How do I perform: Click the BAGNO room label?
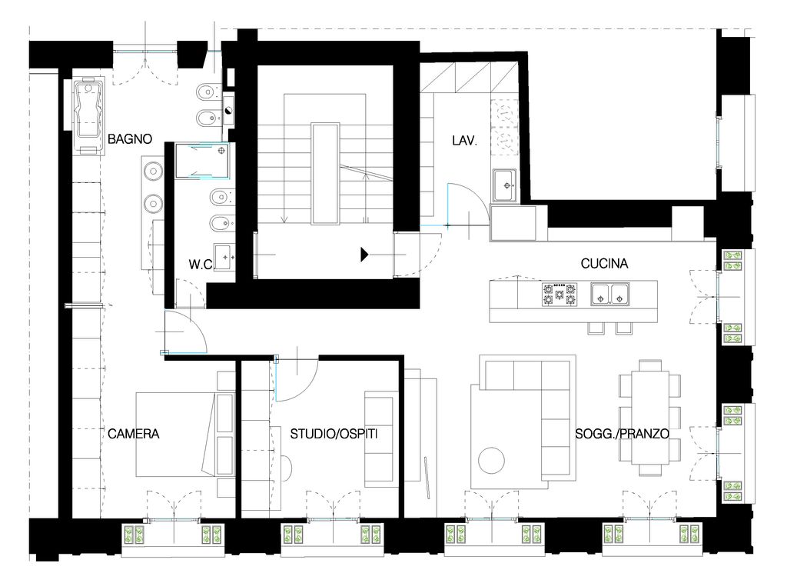click(130, 138)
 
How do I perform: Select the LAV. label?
click(464, 141)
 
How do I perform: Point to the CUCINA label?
click(604, 263)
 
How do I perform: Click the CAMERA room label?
click(134, 433)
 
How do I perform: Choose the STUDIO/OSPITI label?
click(334, 433)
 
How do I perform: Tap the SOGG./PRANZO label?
click(623, 433)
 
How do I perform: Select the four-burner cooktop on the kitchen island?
click(560, 295)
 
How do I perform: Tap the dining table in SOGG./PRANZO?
click(650, 418)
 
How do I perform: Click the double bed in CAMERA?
click(185, 434)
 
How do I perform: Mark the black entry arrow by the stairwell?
click(365, 255)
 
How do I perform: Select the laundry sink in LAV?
click(504, 185)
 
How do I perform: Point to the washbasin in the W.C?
click(224, 257)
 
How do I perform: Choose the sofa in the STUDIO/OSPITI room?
click(378, 439)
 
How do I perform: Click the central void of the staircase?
click(325, 174)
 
